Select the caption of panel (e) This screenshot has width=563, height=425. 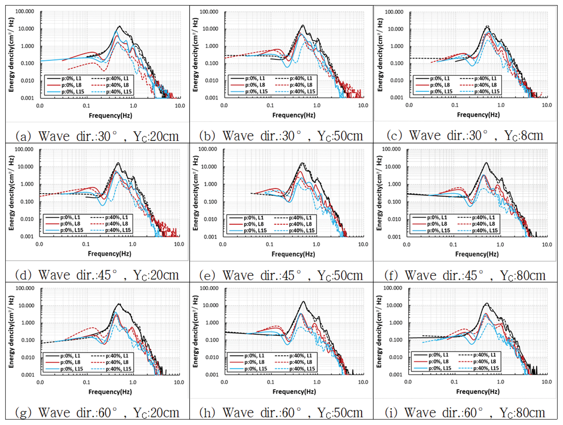click(281, 275)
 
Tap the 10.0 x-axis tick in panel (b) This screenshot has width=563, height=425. click(363, 105)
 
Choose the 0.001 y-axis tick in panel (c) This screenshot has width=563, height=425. click(397, 97)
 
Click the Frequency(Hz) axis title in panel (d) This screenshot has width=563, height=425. click(109, 253)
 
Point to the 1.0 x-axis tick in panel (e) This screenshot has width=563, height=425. click(316, 244)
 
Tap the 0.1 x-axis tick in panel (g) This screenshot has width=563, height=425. click(87, 382)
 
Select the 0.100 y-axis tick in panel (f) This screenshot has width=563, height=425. click(394, 202)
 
